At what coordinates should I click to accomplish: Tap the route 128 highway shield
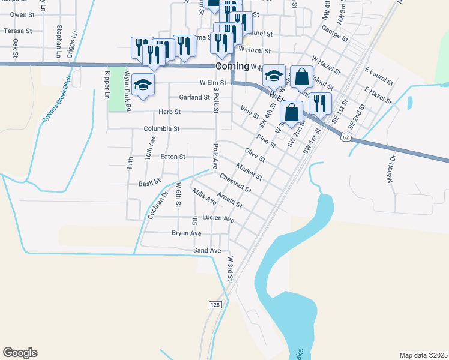[x=215, y=305]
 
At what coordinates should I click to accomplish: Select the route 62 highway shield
[x=345, y=137]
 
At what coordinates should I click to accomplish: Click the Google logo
[x=20, y=353]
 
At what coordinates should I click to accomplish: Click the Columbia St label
[x=161, y=129]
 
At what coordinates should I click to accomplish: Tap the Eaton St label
[x=173, y=157]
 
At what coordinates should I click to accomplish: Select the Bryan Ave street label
[x=187, y=233]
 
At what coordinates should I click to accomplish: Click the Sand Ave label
[x=207, y=250]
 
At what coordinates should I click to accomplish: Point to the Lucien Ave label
[x=218, y=219]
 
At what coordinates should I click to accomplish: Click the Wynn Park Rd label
[x=127, y=90]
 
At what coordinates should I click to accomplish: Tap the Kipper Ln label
[x=107, y=85]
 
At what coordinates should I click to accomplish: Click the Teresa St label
[x=17, y=31]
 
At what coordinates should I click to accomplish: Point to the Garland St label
[x=194, y=97]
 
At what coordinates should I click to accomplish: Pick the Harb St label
[x=169, y=112]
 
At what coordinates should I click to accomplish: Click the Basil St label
[x=150, y=182]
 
